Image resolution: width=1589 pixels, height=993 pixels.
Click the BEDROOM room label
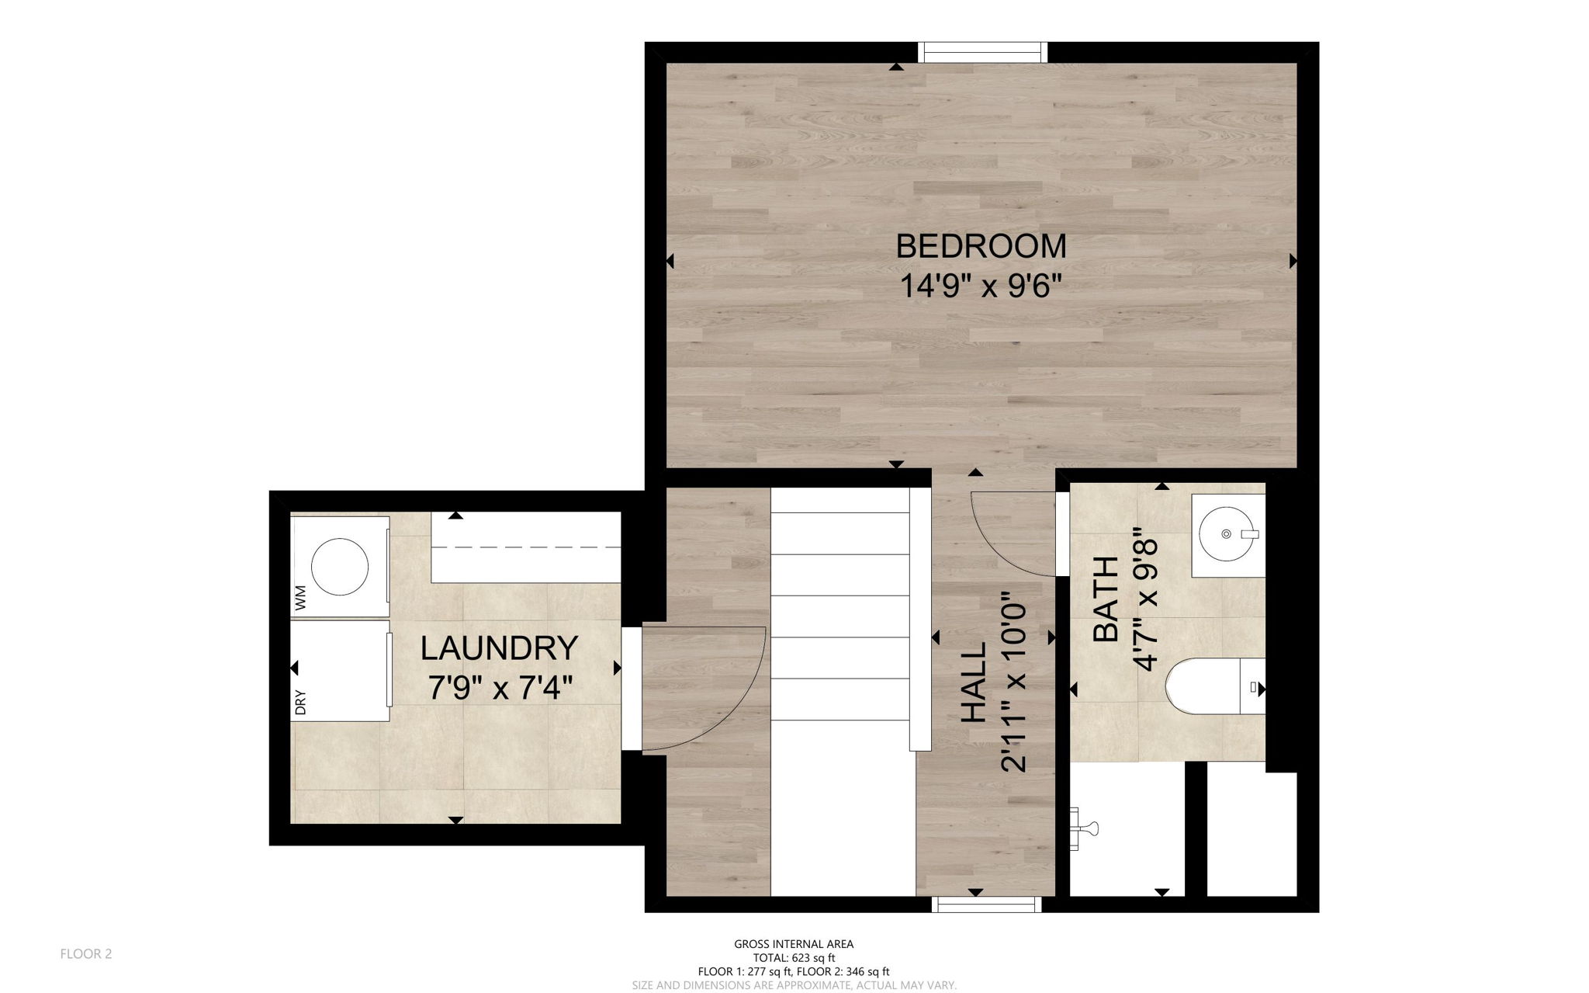pyautogui.click(x=981, y=246)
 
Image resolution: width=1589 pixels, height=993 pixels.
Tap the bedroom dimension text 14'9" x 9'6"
pyautogui.click(x=980, y=286)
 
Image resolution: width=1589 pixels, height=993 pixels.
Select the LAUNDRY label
pyautogui.click(x=499, y=648)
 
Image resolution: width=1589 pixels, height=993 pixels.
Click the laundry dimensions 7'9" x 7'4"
pyautogui.click(x=500, y=687)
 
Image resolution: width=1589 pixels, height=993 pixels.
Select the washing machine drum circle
pyautogui.click(x=339, y=567)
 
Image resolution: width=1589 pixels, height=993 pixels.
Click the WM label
pyautogui.click(x=301, y=597)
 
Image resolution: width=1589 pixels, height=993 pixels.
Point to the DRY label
pyautogui.click(x=301, y=702)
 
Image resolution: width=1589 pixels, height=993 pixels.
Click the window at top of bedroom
pyautogui.click(x=982, y=53)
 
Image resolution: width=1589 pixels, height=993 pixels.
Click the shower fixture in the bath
pyautogui.click(x=1085, y=829)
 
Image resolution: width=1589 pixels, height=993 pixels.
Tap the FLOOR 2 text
pyautogui.click(x=86, y=953)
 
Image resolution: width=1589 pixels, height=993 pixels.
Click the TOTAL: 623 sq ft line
pyautogui.click(x=794, y=957)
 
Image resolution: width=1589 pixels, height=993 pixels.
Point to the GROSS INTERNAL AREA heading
pyautogui.click(x=794, y=944)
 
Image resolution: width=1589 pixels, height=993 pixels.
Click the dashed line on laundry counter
pyautogui.click(x=526, y=547)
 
